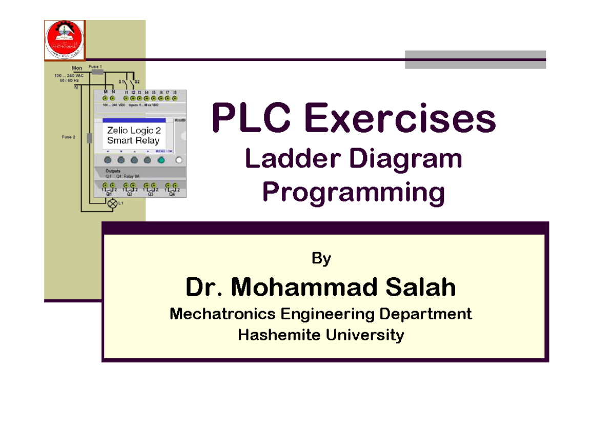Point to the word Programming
coord(353,193)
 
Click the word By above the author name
coord(321,259)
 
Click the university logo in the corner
coord(65,39)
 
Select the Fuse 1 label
coord(95,67)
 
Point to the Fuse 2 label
coord(68,137)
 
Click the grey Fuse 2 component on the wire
coord(90,138)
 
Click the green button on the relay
coord(161,160)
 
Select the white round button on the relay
coord(179,160)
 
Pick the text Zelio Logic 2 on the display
coord(134,131)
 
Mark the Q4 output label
coord(172,195)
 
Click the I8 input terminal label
coord(175,92)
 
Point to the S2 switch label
coord(137,82)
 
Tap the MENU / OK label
coord(164,151)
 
